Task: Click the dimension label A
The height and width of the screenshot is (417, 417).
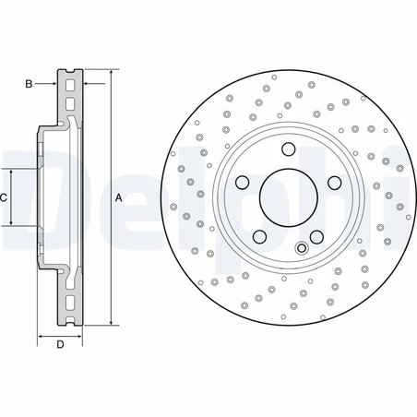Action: coord(119,197)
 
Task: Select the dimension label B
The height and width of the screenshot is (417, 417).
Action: coord(29,85)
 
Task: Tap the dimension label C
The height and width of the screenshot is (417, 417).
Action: coord(5,197)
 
